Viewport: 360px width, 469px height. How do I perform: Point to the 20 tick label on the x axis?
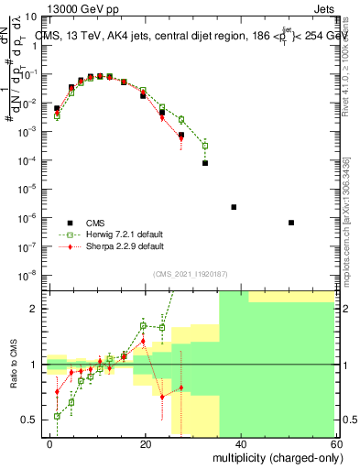[x=146, y=442]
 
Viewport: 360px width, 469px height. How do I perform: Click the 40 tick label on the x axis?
[x=241, y=442]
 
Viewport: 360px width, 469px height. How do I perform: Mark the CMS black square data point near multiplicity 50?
[x=290, y=223]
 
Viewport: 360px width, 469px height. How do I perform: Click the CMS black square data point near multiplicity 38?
[x=234, y=207]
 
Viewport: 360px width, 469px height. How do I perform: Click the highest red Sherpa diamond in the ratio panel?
[x=143, y=342]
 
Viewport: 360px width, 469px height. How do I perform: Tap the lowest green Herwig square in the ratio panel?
[x=57, y=416]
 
